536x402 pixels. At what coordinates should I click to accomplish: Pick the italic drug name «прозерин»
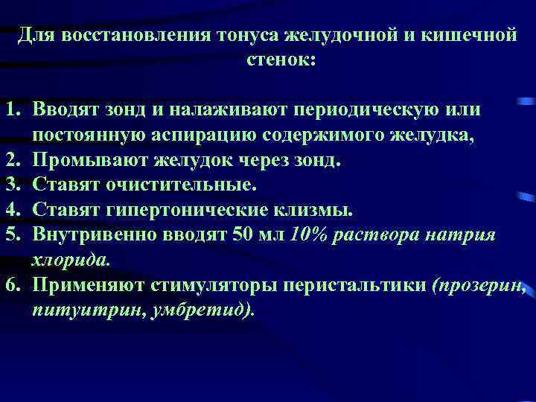point(479,284)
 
